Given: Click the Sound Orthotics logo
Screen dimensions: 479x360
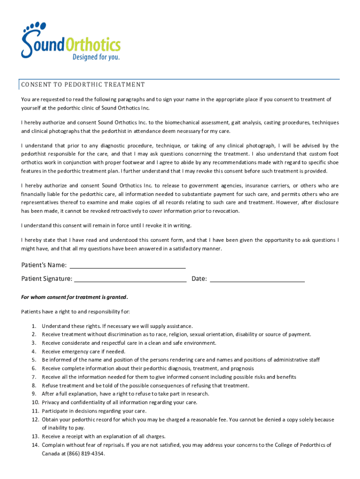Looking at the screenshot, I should [70, 41].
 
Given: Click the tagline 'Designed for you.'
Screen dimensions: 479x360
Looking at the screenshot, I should [95, 58].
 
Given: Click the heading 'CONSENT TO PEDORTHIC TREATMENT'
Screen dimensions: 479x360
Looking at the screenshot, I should [83, 85].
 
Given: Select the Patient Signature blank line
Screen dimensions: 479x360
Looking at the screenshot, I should [130, 279].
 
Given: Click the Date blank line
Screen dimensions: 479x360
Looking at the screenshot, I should [258, 279].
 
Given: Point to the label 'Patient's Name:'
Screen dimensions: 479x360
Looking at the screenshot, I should [44, 265].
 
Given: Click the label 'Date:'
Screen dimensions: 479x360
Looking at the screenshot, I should [199, 279].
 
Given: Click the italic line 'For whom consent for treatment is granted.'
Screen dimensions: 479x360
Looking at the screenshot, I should [74, 297].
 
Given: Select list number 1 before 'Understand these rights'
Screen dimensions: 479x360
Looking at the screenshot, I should [34, 326].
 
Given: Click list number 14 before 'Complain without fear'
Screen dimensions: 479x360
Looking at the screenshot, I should [35, 445].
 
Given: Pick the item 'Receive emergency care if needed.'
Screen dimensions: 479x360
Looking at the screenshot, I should [83, 352].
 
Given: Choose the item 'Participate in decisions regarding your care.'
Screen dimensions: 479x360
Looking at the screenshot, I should [94, 411].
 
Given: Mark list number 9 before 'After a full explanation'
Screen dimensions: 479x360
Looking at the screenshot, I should [34, 394].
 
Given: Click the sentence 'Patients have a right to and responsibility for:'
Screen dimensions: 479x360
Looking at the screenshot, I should [76, 312].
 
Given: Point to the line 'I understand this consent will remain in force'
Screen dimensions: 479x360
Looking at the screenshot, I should [106, 225].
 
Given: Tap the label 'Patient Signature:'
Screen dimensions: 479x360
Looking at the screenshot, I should [47, 279].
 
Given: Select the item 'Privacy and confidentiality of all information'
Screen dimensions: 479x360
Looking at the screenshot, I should [119, 402].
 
